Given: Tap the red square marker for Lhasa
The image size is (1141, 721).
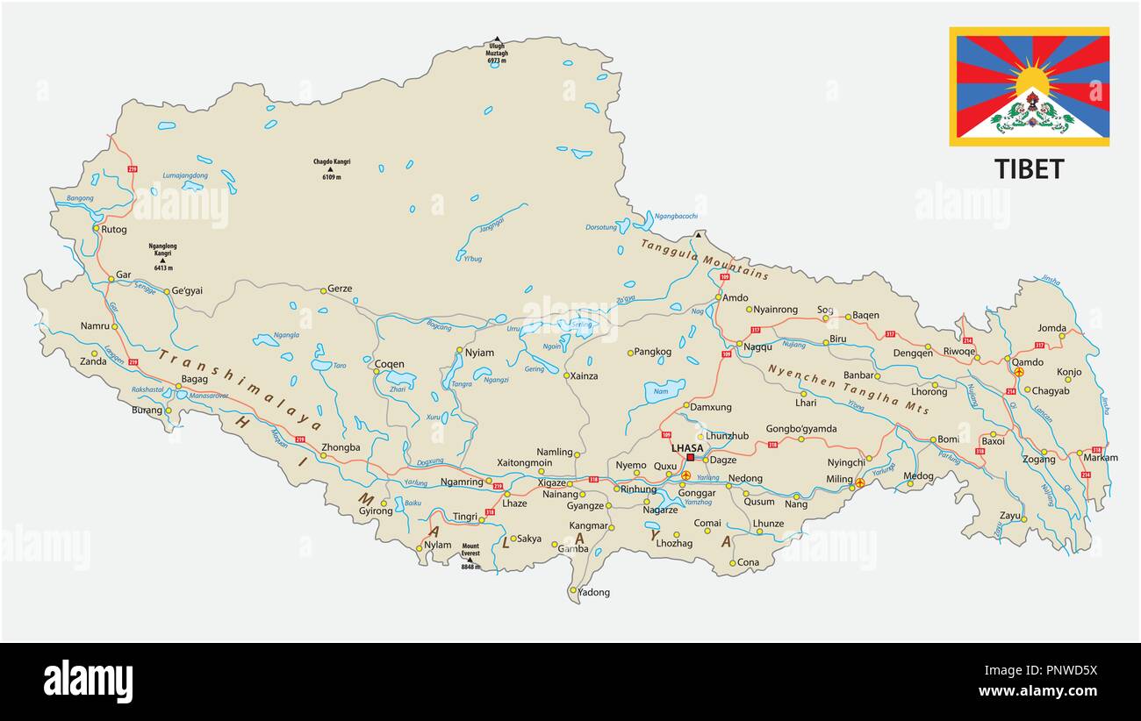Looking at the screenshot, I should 691,457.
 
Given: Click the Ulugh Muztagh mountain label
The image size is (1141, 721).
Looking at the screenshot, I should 497,53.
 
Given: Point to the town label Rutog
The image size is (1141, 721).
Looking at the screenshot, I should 114,230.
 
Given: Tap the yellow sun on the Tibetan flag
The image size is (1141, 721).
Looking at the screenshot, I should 1032,82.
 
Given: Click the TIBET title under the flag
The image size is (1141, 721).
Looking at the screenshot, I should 1029,169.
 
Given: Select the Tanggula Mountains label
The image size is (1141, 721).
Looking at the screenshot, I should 704,259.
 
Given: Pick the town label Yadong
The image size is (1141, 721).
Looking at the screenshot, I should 594,592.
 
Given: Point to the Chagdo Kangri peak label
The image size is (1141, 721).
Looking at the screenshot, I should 332,168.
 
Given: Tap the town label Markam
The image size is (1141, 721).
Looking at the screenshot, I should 1101,458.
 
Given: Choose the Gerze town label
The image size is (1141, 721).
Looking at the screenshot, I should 339,289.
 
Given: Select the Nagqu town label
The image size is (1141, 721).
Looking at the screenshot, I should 757,347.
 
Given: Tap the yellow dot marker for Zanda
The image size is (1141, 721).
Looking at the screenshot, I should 95,353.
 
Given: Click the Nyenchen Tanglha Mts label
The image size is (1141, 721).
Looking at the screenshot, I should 848,389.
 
